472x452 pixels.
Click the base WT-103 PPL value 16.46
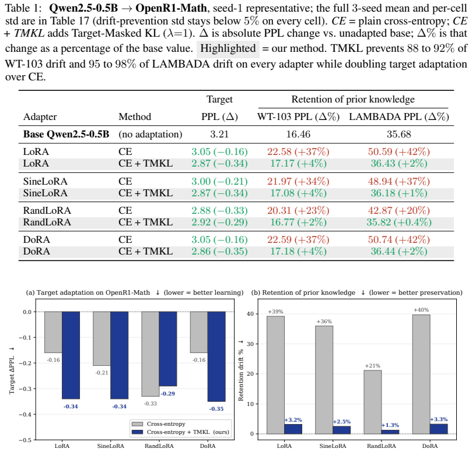298,134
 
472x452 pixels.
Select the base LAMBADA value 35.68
399,134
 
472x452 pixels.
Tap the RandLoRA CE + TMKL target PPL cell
219,222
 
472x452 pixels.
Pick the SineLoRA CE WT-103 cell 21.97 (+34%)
298,181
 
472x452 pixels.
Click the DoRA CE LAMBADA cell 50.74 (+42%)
399,239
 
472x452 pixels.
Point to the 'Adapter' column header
40,116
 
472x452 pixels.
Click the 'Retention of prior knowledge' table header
353,99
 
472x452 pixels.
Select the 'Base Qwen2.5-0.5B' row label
67,134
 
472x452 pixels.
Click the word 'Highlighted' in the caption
228,48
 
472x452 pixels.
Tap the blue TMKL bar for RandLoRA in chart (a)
168,349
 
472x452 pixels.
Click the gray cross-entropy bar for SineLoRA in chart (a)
102,338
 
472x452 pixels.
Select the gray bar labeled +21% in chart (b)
373,402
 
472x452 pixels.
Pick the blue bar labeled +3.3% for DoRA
439,429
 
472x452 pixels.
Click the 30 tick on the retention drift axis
250,344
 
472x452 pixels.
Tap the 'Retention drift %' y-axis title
241,370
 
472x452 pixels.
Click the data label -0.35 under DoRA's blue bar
216,409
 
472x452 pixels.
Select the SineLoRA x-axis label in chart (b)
333,446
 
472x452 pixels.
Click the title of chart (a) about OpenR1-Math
135,292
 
